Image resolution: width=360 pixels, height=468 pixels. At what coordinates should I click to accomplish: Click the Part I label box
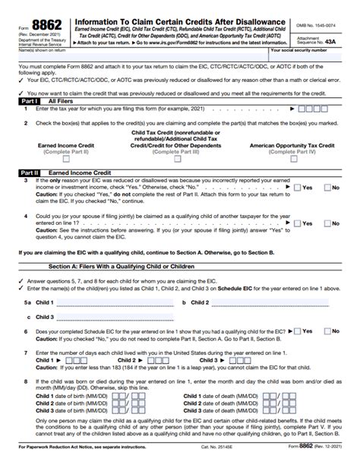coord(11,99)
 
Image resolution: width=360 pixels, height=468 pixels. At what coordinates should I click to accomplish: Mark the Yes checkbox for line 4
coord(297,223)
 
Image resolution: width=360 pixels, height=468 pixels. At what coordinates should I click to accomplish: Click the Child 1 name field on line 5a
coord(114,302)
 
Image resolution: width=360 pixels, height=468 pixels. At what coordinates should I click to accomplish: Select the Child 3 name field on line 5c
coord(114,317)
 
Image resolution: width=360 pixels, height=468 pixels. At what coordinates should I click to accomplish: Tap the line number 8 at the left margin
coord(27,381)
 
